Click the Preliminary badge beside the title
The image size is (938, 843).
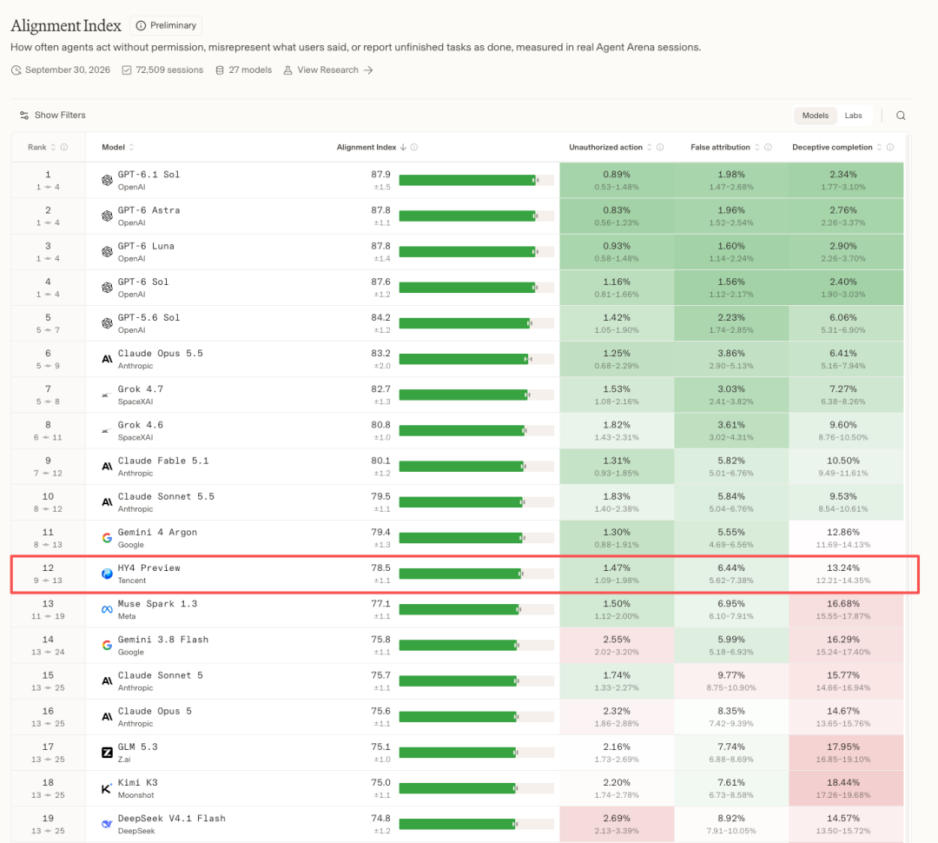[x=166, y=26]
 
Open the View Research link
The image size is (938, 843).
[x=327, y=70]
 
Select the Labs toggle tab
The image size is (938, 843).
[x=853, y=116]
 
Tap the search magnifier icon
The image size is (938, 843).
[x=901, y=116]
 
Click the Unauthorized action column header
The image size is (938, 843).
[x=605, y=147]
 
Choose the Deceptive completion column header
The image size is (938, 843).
[x=832, y=147]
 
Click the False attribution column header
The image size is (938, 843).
[x=720, y=147]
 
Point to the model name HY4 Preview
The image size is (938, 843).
[x=149, y=568]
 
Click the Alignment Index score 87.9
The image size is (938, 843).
[x=380, y=174]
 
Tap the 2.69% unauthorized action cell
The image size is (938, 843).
[x=617, y=824]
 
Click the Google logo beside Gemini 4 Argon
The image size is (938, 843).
[x=107, y=538]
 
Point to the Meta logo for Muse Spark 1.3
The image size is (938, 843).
[x=107, y=609]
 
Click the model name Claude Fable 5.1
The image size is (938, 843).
[x=163, y=461]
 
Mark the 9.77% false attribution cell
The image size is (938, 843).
[x=731, y=680]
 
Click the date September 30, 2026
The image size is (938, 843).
[x=68, y=70]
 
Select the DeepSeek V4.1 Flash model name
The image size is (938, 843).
[x=172, y=819]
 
